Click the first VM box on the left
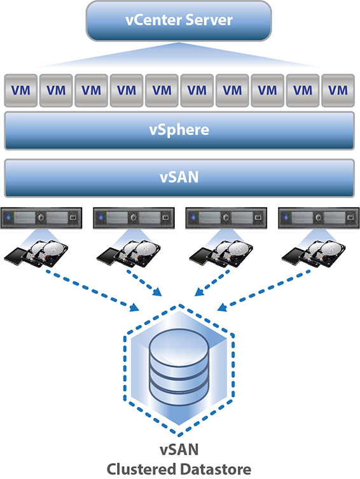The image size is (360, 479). coord(20,90)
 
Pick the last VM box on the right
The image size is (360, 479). coord(338,90)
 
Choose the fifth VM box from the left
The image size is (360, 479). coord(162,90)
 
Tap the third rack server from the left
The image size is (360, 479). coord(225,218)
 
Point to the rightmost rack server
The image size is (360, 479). coord(317,218)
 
